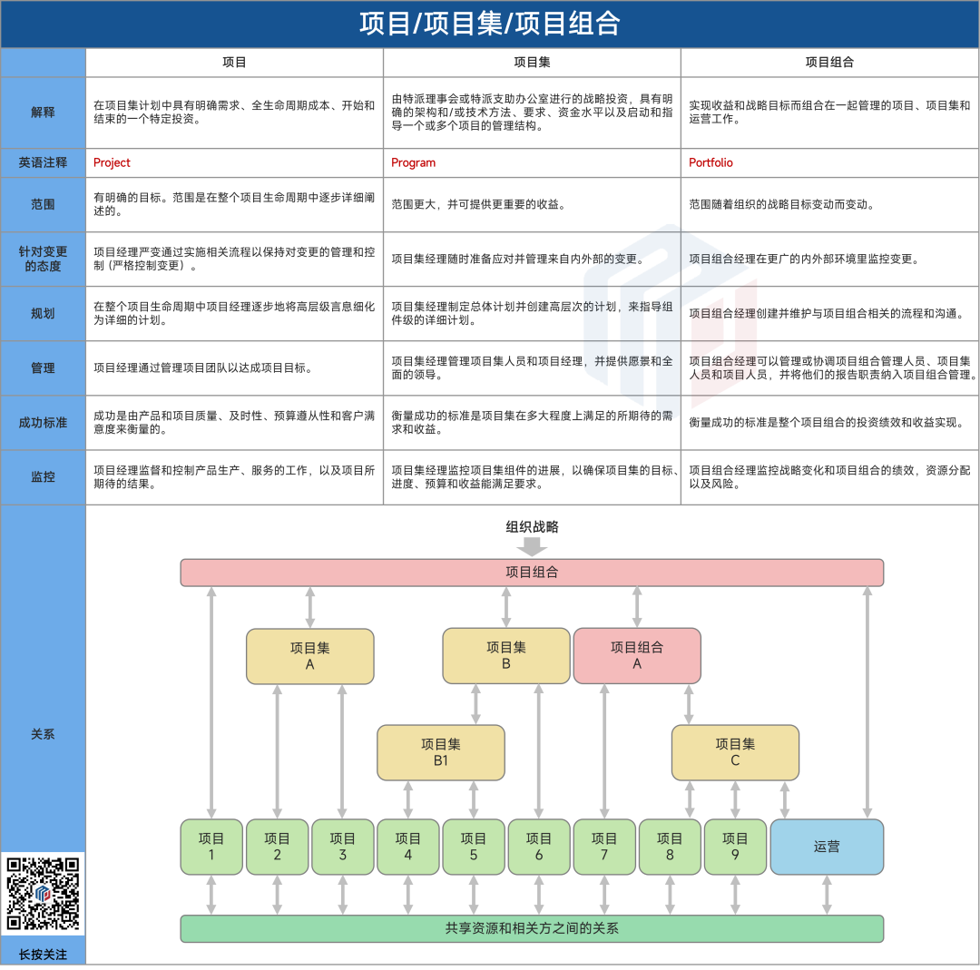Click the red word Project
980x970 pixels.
pyautogui.click(x=112, y=162)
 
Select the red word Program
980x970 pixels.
pyautogui.click(x=413, y=162)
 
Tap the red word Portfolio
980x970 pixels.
pyautogui.click(x=710, y=162)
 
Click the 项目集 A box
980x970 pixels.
pyautogui.click(x=310, y=656)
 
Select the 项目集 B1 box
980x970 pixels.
pyautogui.click(x=441, y=752)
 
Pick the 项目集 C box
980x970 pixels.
pyautogui.click(x=735, y=752)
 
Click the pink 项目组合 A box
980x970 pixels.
pyautogui.click(x=637, y=656)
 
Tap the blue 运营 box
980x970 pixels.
pyautogui.click(x=827, y=847)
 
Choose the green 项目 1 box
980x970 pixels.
pyautogui.click(x=211, y=847)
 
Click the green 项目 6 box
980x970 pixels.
pyautogui.click(x=539, y=847)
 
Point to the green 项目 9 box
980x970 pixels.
pyautogui.click(x=735, y=847)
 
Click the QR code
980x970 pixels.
pyautogui.click(x=44, y=894)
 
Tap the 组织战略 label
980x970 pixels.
pyautogui.click(x=532, y=527)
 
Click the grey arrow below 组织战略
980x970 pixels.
pyautogui.click(x=532, y=547)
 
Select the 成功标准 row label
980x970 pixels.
pyautogui.click(x=43, y=422)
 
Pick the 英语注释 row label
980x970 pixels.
pyautogui.click(x=43, y=162)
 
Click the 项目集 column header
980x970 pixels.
pyautogui.click(x=532, y=63)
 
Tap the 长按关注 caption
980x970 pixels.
pyautogui.click(x=43, y=954)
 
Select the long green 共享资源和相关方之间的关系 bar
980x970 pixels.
pyautogui.click(x=532, y=928)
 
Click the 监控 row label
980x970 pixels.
pyautogui.click(x=43, y=476)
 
